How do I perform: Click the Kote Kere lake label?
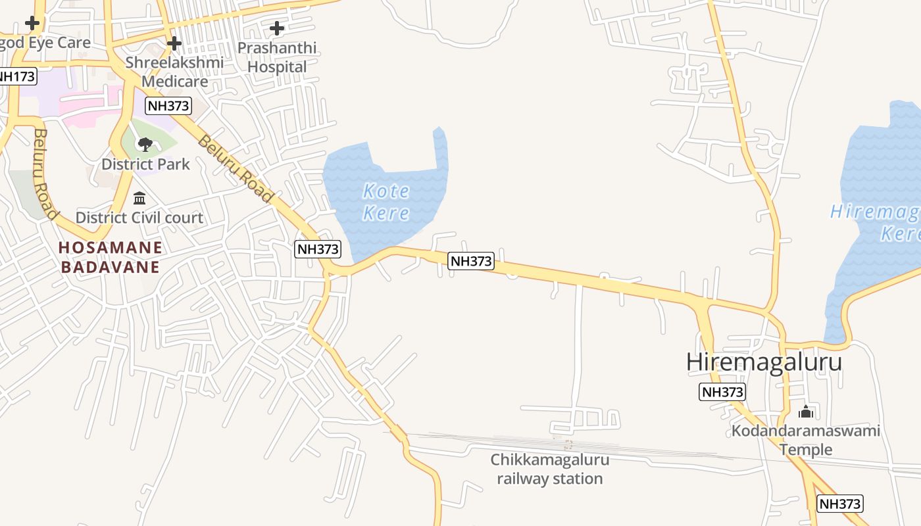[386, 202]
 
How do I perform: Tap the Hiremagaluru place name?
[764, 362]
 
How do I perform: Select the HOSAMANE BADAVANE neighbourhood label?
[110, 257]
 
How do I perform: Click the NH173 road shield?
[16, 76]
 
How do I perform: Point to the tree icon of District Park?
[145, 144]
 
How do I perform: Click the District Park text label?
[145, 164]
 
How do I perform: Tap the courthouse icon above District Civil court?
[139, 198]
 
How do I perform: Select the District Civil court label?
[139, 218]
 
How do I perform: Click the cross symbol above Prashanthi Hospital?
[277, 28]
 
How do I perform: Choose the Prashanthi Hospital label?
[277, 57]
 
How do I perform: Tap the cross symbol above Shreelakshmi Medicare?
[174, 43]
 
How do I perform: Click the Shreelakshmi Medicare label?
[175, 72]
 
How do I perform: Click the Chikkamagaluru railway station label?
[550, 469]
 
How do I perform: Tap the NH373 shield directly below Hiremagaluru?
[722, 393]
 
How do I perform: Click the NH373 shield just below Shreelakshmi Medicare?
[168, 105]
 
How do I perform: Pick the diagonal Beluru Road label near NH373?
[235, 169]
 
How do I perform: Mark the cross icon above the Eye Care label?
[32, 23]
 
